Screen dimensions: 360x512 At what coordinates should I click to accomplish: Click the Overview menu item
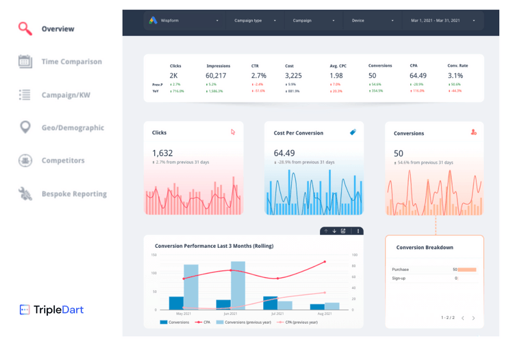(x=58, y=29)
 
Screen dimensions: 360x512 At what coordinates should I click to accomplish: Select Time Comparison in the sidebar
(x=71, y=61)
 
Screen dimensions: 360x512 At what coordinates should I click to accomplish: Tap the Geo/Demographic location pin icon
(x=25, y=127)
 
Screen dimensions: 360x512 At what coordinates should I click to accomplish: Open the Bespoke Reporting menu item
(x=74, y=193)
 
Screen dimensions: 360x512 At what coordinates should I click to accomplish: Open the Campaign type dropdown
(x=255, y=20)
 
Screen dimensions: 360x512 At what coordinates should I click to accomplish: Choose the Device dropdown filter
(x=372, y=20)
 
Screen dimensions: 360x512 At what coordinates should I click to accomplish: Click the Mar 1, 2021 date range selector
(x=442, y=20)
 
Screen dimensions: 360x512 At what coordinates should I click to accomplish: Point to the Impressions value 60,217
(x=216, y=76)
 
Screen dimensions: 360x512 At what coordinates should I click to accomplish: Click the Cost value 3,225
(x=293, y=76)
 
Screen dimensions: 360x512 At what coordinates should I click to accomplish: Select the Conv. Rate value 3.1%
(x=456, y=76)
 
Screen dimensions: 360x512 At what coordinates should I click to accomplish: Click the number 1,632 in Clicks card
(x=162, y=153)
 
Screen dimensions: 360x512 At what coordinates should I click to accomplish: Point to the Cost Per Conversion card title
(x=298, y=133)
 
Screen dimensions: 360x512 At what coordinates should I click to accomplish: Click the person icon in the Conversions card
(x=474, y=132)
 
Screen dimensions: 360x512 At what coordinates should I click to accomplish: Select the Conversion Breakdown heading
(x=424, y=247)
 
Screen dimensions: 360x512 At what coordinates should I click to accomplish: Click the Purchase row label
(x=401, y=270)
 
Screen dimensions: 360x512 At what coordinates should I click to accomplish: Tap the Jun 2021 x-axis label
(x=230, y=313)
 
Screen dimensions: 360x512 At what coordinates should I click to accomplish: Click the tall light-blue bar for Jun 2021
(x=238, y=285)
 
